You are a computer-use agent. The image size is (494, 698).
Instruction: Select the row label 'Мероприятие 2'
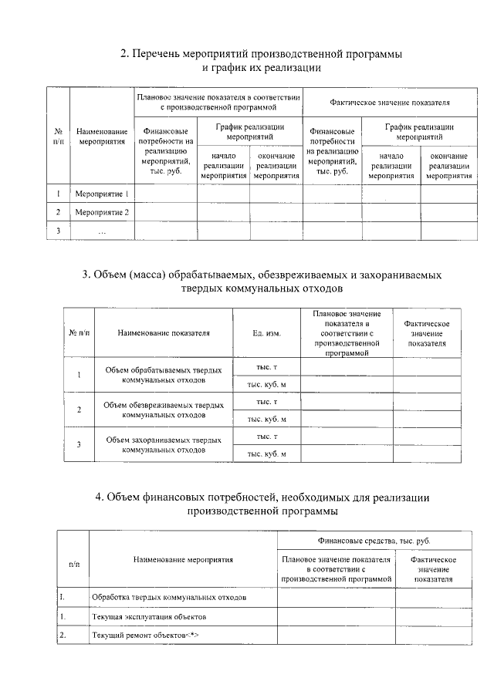click(x=101, y=211)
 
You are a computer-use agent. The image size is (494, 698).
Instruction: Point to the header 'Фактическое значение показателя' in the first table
click(x=389, y=102)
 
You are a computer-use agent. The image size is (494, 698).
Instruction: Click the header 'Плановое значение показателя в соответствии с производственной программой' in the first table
click(x=218, y=102)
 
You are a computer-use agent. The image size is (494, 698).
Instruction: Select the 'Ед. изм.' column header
click(x=266, y=333)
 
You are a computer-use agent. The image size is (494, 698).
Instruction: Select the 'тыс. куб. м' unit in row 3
click(x=266, y=454)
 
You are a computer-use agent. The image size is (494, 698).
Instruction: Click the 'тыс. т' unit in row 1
click(x=266, y=367)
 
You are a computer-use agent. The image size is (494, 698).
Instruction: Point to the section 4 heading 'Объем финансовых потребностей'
click(x=262, y=497)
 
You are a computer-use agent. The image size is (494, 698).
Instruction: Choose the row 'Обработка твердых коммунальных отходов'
click(x=169, y=598)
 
